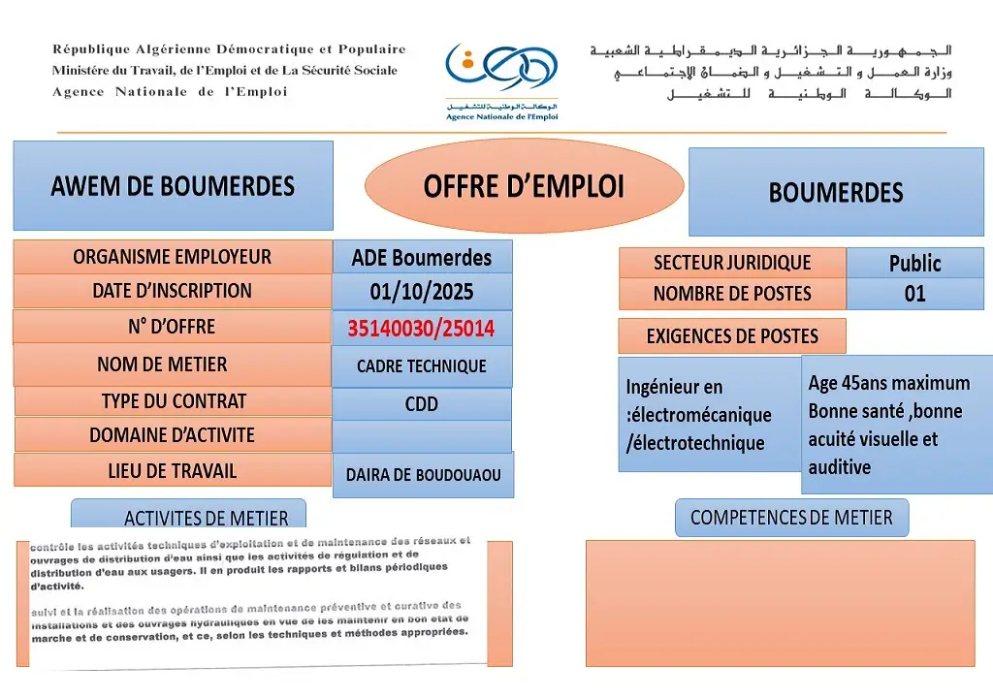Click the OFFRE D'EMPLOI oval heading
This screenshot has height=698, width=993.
coord(524,187)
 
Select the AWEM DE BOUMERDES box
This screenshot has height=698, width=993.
coord(173,185)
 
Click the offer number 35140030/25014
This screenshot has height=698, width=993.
coord(421,329)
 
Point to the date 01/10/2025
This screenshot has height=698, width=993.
coord(421,291)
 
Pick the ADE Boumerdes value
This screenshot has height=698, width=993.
coord(421,258)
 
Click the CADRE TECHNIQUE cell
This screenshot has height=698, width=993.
coord(421,366)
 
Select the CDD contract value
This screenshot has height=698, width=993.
coord(421,404)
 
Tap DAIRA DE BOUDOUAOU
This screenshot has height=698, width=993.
coord(423,475)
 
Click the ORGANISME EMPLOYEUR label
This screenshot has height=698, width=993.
coord(173,257)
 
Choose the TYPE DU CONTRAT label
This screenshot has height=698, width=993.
coord(174,401)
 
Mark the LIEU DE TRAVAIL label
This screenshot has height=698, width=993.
coord(173,471)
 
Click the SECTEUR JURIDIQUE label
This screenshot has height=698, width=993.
coord(732,263)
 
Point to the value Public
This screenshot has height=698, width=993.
coord(914,263)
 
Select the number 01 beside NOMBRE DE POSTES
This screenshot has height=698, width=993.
coord(914,294)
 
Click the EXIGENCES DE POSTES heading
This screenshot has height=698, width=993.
coord(732,336)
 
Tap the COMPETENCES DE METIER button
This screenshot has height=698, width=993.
coord(791,518)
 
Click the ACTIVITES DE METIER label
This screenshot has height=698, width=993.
coord(206,518)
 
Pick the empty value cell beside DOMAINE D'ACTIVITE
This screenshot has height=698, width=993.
coord(421,436)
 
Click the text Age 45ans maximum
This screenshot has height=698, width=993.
coord(888,383)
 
